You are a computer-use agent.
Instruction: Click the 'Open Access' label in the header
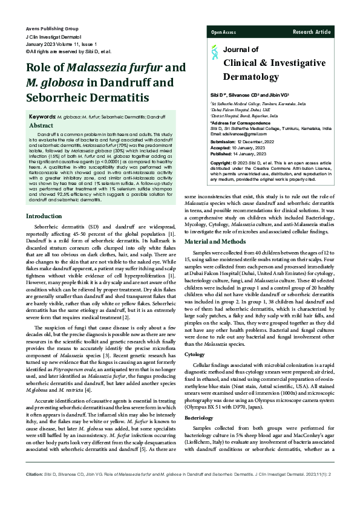223,31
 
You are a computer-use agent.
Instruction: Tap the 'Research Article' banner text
312,31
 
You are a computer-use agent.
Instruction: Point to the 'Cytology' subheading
194,354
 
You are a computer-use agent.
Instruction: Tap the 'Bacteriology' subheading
199,418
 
